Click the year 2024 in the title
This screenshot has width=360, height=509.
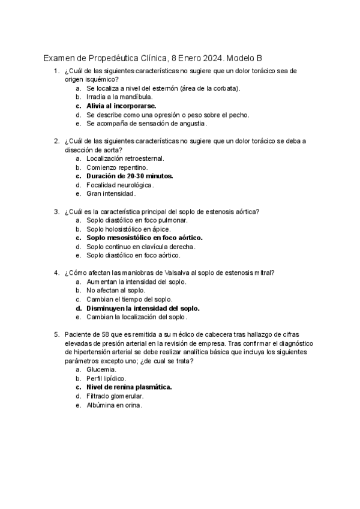(211, 59)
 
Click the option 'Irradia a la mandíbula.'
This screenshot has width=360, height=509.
(119, 97)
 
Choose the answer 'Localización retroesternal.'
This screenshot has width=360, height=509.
(125, 158)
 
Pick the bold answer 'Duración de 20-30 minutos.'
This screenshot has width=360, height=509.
(129, 176)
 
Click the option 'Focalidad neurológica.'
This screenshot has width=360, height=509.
(119, 185)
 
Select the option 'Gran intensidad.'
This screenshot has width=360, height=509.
(111, 194)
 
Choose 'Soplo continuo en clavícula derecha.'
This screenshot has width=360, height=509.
(141, 247)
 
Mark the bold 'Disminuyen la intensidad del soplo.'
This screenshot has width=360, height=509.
(143, 309)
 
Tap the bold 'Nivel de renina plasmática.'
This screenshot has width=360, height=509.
(129, 388)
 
